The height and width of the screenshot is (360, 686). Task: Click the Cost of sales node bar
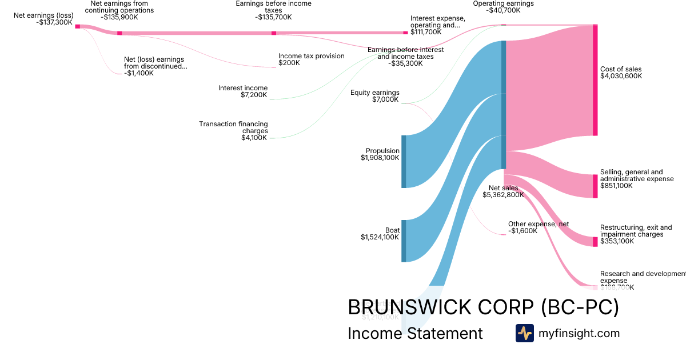click(x=595, y=80)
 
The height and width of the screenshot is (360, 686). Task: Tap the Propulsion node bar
click(x=404, y=161)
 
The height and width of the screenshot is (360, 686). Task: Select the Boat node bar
click(x=404, y=241)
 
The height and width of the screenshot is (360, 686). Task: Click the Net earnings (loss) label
click(x=43, y=15)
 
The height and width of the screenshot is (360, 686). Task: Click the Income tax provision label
click(x=311, y=56)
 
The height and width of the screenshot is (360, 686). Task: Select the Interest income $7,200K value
click(x=254, y=95)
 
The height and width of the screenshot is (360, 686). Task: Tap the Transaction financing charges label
click(x=233, y=127)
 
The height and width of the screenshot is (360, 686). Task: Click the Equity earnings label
click(x=374, y=93)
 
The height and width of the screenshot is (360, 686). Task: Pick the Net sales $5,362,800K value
click(x=503, y=195)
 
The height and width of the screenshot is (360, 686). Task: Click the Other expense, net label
click(x=539, y=224)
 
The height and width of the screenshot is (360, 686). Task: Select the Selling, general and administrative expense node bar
click(x=595, y=186)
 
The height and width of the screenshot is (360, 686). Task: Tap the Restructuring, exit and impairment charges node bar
click(x=595, y=241)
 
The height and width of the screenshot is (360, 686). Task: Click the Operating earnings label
click(x=503, y=3)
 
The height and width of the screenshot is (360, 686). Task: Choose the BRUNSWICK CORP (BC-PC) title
click(x=483, y=307)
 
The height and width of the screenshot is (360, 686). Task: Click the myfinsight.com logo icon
click(x=524, y=333)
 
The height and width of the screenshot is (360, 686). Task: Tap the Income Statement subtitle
click(x=415, y=333)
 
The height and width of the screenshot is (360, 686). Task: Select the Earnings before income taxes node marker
click(x=274, y=33)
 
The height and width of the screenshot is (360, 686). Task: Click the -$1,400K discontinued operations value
click(x=138, y=73)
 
